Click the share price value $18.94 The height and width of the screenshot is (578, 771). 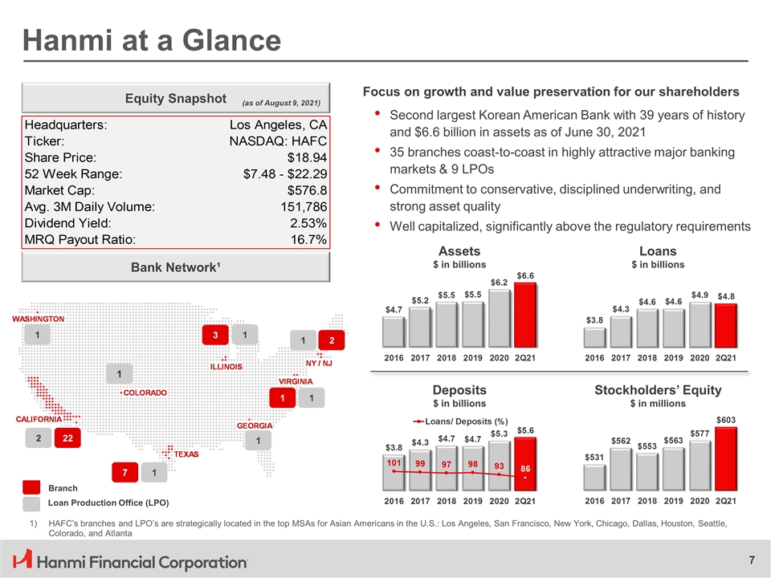306,158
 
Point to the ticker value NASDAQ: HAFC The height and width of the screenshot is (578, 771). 278,142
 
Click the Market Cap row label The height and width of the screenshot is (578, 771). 59,191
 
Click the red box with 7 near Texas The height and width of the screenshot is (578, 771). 124,474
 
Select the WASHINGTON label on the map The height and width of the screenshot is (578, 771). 37,320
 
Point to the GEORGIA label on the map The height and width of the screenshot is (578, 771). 255,425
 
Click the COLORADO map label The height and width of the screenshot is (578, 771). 145,393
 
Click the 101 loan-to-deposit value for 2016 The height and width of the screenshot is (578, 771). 394,463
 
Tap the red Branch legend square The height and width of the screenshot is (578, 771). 31,488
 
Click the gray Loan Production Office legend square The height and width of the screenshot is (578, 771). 31,503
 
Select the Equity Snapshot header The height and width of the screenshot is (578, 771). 175,98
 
